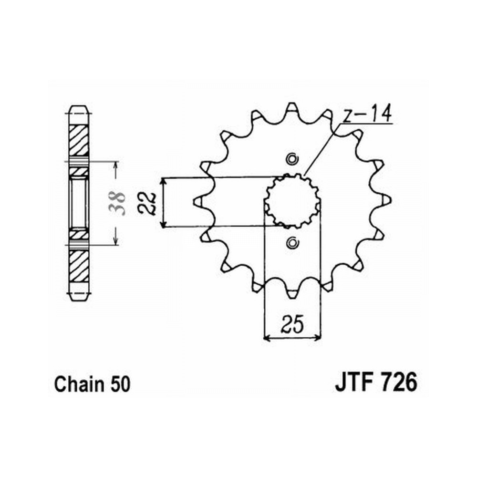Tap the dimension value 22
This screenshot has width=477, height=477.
tap(147, 203)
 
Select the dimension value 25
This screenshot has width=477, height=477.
tap(293, 324)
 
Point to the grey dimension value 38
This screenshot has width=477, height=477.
tap(117, 203)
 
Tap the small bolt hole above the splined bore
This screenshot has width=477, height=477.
tap(292, 159)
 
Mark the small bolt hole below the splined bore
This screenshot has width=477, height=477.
tap(292, 242)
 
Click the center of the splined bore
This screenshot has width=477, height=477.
tap(292, 201)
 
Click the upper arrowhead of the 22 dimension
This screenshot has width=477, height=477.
tap(164, 181)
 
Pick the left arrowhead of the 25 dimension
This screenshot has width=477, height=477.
tap(267, 338)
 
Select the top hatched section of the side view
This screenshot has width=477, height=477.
tap(78, 141)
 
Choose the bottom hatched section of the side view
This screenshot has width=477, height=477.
tap(78, 266)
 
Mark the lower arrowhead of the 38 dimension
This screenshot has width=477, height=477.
tap(115, 241)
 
